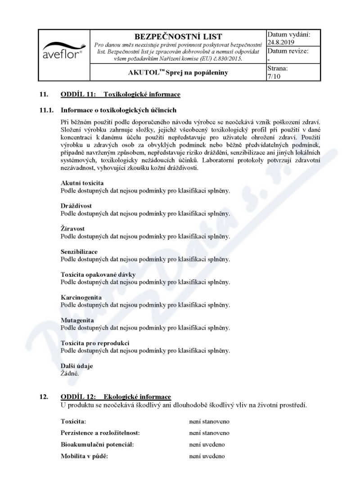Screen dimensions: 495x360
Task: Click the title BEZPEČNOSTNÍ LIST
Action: pyautogui.click(x=179, y=36)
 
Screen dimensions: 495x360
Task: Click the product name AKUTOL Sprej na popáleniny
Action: pyautogui.click(x=179, y=72)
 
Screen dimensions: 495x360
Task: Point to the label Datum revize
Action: pyautogui.click(x=288, y=51)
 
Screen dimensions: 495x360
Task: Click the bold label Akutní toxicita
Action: pyautogui.click(x=82, y=183)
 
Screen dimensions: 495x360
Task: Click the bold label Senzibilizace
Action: pyautogui.click(x=79, y=252)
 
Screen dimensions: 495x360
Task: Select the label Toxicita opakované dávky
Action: pyautogui.click(x=98, y=274)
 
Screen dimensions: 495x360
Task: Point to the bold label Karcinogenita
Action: pyautogui.click(x=81, y=297)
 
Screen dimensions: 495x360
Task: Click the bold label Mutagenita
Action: pyautogui.click(x=77, y=320)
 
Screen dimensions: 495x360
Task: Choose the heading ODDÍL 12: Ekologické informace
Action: pyautogui.click(x=116, y=396)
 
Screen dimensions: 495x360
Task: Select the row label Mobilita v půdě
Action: pyautogui.click(x=85, y=456)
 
